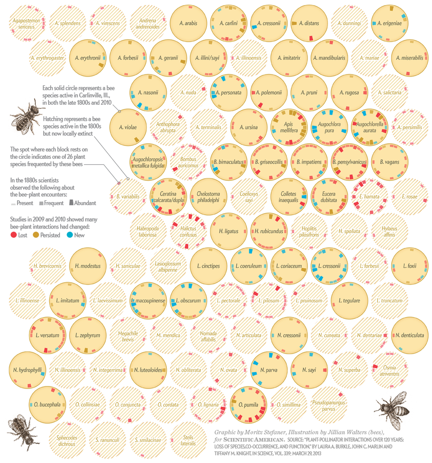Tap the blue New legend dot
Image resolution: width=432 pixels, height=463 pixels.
[70, 235]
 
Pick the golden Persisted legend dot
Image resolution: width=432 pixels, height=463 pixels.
[36, 235]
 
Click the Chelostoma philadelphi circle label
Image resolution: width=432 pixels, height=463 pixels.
[208, 197]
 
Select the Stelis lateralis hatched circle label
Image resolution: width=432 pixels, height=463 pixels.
[188, 440]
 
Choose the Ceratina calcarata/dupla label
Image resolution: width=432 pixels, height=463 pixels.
[168, 197]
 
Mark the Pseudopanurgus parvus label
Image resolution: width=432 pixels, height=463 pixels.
[330, 405]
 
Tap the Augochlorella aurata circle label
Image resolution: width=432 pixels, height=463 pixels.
[370, 127]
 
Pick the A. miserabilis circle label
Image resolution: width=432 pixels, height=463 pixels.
[410, 58]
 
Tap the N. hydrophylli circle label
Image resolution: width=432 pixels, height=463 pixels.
[27, 370]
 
